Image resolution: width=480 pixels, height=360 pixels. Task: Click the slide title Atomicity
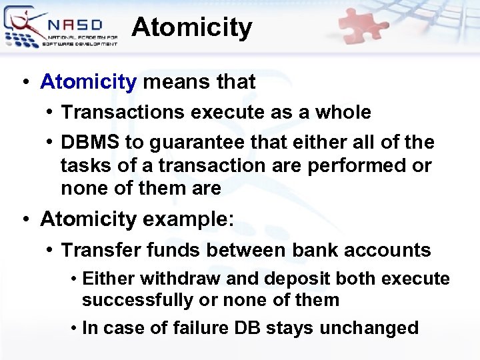coord(192,28)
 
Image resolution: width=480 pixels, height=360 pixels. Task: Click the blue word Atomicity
coord(88,82)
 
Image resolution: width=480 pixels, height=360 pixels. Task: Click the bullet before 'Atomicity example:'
coord(25,219)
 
